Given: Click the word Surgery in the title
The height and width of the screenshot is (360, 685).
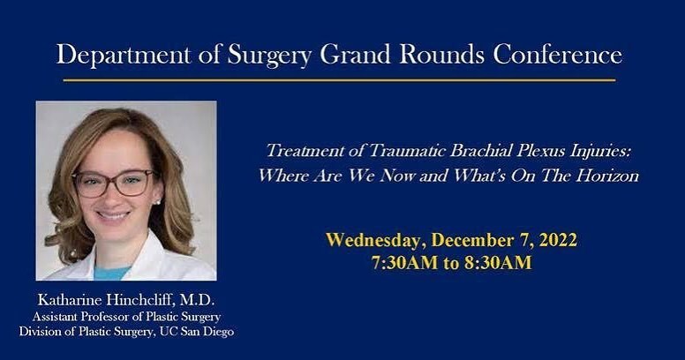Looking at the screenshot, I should (267, 55).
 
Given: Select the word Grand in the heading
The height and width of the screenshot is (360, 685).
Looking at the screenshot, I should (357, 55).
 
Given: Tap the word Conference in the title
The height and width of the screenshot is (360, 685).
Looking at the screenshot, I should (558, 55).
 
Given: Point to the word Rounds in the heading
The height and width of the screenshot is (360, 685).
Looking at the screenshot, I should (445, 55).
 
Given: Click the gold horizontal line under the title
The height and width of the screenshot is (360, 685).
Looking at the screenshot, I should (339, 80).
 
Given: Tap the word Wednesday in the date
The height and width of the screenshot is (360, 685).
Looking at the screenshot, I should (370, 240).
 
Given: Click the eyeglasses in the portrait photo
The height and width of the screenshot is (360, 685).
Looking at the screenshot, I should (113, 183).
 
